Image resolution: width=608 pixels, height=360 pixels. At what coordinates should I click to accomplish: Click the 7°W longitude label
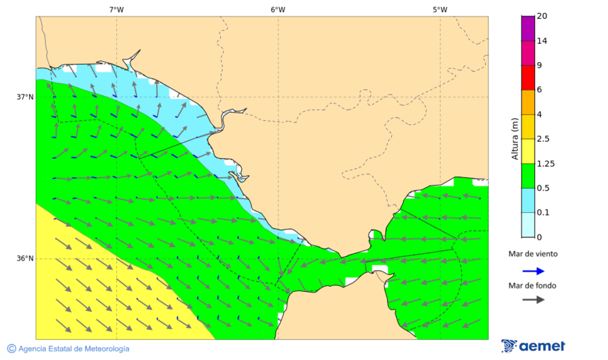[116, 9]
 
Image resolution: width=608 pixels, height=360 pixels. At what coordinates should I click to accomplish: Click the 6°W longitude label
[278, 9]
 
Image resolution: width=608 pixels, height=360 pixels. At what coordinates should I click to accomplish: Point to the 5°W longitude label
[440, 9]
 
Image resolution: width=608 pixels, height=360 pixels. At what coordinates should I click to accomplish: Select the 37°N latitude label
[25, 97]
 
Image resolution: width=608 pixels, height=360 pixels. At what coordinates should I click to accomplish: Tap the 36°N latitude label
[25, 259]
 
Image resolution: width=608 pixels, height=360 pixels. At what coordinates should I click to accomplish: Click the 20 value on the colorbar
[542, 16]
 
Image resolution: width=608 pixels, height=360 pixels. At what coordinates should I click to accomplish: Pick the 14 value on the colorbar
[542, 41]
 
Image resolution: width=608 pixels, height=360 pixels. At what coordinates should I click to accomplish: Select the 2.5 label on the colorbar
[542, 139]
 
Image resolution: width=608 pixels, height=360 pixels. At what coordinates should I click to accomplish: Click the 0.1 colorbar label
[542, 213]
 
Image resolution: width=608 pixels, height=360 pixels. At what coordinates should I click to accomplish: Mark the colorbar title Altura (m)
[515, 138]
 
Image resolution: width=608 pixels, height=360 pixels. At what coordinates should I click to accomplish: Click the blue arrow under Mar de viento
[533, 271]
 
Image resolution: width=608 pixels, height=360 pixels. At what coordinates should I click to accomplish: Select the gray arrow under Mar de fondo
[533, 299]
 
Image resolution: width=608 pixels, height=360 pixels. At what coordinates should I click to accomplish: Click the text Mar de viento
[533, 254]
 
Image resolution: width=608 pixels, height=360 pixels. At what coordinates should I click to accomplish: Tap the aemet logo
[533, 346]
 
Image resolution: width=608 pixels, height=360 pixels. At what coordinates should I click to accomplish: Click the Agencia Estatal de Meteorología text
[74, 349]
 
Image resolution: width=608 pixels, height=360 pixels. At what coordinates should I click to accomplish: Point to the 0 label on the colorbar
[538, 237]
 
